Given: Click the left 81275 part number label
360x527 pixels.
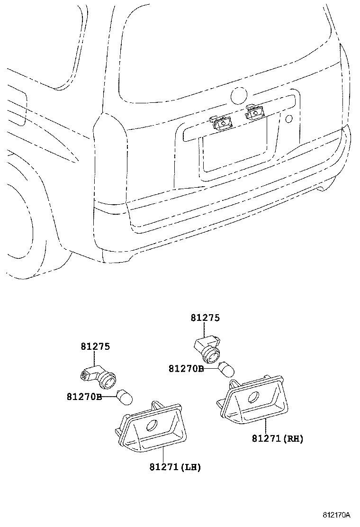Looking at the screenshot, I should (x=95, y=346).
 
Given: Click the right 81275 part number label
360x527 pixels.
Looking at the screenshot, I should (x=205, y=318).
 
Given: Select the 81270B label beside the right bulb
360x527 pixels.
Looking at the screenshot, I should (x=186, y=368).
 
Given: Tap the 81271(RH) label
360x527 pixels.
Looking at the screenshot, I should (x=278, y=439).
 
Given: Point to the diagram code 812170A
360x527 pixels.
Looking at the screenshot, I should (x=336, y=515).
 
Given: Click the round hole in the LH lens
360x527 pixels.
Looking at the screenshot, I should (x=153, y=426).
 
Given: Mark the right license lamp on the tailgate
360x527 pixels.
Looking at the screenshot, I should (x=254, y=113).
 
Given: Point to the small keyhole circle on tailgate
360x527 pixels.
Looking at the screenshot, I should (x=289, y=118).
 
